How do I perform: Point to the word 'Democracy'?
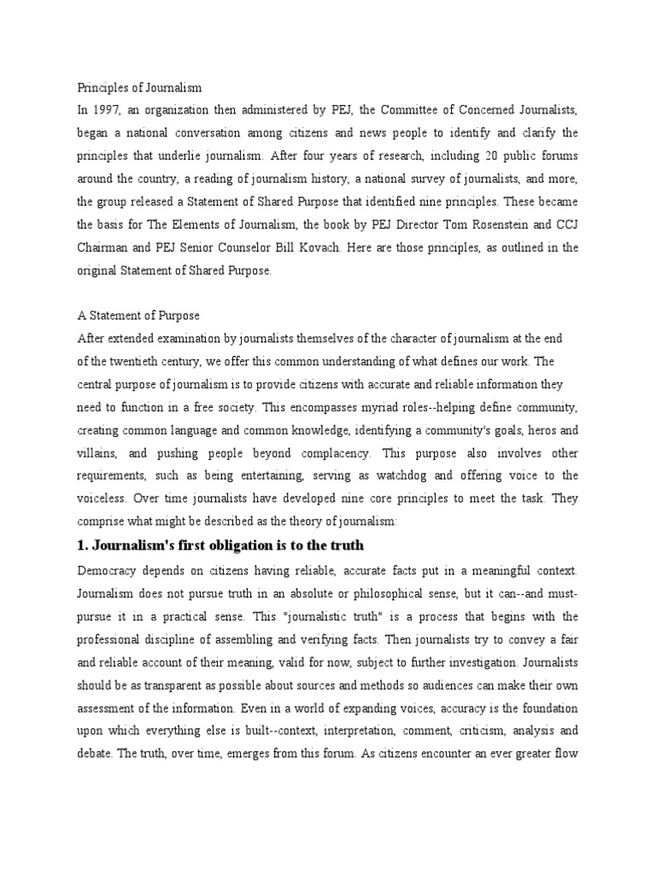[x=108, y=569]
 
